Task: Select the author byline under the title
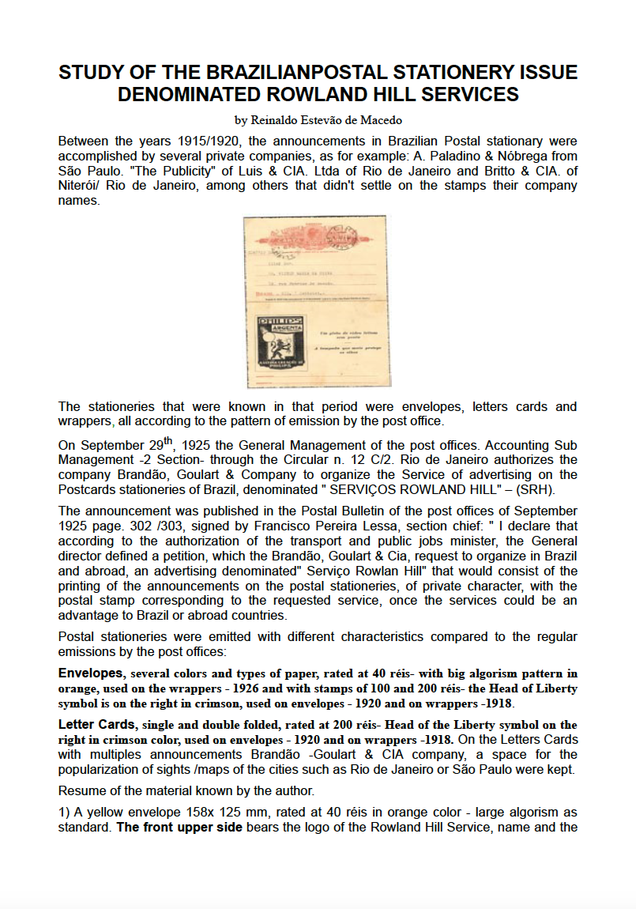click(x=318, y=120)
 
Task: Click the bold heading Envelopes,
click(x=92, y=674)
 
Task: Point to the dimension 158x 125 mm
click(x=229, y=813)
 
